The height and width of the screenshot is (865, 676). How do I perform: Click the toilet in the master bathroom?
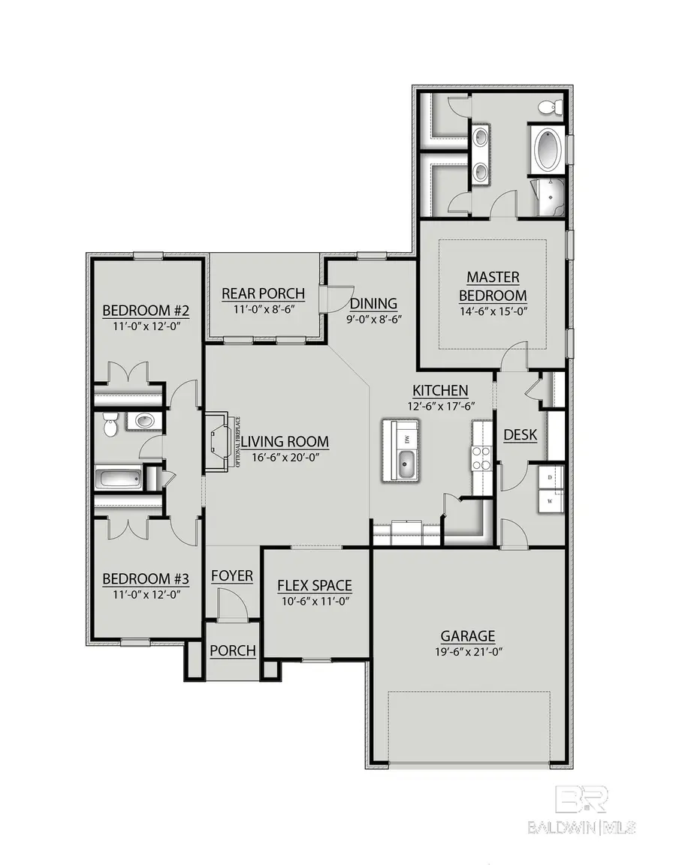point(551,107)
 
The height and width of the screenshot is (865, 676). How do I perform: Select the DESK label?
point(520,434)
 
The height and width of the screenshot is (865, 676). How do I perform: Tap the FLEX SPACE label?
point(314,585)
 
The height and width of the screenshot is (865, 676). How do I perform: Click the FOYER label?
point(231,575)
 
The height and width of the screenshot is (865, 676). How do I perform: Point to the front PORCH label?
point(232,650)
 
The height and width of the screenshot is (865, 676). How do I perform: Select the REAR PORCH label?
point(264,293)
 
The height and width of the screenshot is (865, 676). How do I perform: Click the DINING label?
point(373,304)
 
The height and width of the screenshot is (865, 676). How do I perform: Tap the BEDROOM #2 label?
point(145,311)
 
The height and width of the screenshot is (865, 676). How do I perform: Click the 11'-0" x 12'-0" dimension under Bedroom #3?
point(145,594)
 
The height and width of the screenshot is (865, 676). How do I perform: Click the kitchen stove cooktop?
point(481,458)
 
